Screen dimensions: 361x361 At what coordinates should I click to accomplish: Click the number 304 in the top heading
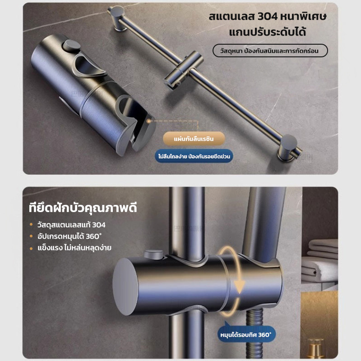tap(267, 17)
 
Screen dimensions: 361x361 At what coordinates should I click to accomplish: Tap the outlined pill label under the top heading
tap(270, 51)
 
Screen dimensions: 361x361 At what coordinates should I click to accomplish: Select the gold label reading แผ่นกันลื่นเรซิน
tap(194, 139)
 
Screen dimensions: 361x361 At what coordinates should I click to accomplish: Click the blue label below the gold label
tap(194, 156)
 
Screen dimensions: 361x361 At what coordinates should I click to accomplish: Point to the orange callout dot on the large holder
tap(149, 121)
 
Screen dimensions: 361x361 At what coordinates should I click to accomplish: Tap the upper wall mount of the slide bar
tap(118, 19)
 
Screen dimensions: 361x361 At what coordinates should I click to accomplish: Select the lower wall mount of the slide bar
tap(288, 148)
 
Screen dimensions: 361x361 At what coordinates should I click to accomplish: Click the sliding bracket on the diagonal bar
tap(184, 70)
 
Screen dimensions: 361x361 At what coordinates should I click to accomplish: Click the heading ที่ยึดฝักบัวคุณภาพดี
tap(83, 208)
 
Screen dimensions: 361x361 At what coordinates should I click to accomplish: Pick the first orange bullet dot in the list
tap(31, 224)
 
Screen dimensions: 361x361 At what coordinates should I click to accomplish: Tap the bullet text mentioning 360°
tap(69, 236)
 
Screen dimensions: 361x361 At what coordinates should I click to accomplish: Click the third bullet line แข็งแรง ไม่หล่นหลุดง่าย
tap(74, 248)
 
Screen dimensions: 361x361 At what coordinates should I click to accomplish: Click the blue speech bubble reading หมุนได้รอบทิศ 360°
tap(246, 334)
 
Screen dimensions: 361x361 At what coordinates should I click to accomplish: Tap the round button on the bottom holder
tap(153, 255)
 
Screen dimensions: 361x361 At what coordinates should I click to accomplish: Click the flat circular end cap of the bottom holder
tap(125, 287)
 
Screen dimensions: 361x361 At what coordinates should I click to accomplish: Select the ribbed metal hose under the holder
tap(255, 334)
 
